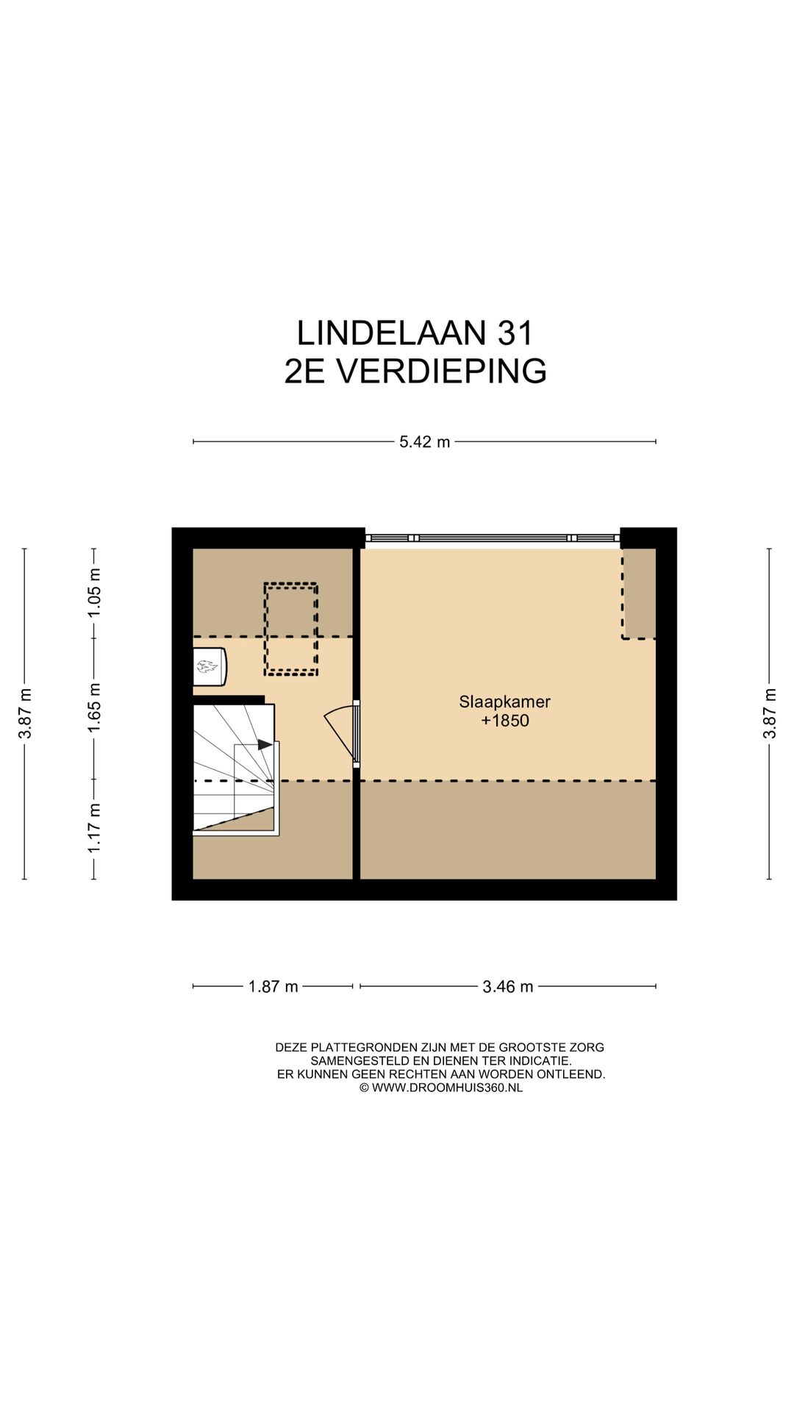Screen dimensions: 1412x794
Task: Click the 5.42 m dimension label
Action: [424, 442]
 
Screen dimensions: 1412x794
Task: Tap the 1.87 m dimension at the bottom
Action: [273, 986]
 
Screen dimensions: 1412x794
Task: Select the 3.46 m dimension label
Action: [507, 986]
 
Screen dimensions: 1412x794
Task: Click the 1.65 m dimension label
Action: [94, 707]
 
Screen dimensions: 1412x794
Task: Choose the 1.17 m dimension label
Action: [94, 829]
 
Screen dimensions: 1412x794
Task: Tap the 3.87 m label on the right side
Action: [769, 713]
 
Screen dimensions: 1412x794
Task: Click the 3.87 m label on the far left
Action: [25, 713]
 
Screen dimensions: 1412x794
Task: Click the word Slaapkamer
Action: [504, 702]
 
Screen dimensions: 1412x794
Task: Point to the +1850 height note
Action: [504, 721]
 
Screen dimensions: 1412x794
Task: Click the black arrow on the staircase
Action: [265, 744]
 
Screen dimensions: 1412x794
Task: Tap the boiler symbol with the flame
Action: [208, 667]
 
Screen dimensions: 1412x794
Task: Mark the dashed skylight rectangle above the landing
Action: [291, 629]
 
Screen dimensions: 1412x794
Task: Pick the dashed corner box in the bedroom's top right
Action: [638, 594]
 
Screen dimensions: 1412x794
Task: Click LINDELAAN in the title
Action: [391, 333]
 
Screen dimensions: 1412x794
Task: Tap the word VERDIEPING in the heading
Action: [441, 371]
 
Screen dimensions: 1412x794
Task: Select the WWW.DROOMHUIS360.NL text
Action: [447, 1088]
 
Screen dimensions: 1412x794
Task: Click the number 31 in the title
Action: [515, 333]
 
